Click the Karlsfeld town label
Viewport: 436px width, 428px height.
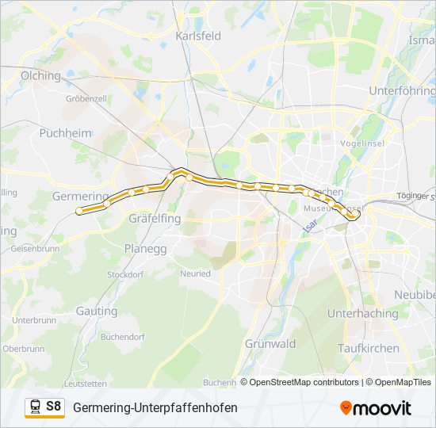tap(198, 36)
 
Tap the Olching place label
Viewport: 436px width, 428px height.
tap(41, 76)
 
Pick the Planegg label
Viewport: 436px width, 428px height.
tap(145, 248)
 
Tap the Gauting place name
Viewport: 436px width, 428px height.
tap(97, 311)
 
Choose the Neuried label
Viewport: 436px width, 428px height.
tap(195, 273)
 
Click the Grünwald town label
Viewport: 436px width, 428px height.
tap(270, 344)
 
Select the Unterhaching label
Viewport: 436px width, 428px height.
tap(363, 314)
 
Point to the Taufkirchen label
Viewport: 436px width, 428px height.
tap(368, 348)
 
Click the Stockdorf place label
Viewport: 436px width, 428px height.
tap(125, 274)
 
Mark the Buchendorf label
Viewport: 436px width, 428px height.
tap(123, 337)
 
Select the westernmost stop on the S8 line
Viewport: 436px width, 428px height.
tap(79, 211)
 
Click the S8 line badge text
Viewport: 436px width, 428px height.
tap(53, 407)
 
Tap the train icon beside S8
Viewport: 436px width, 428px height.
tap(35, 407)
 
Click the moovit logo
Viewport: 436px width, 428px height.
tap(376, 408)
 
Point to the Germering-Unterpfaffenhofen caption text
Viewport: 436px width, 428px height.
tap(155, 407)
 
